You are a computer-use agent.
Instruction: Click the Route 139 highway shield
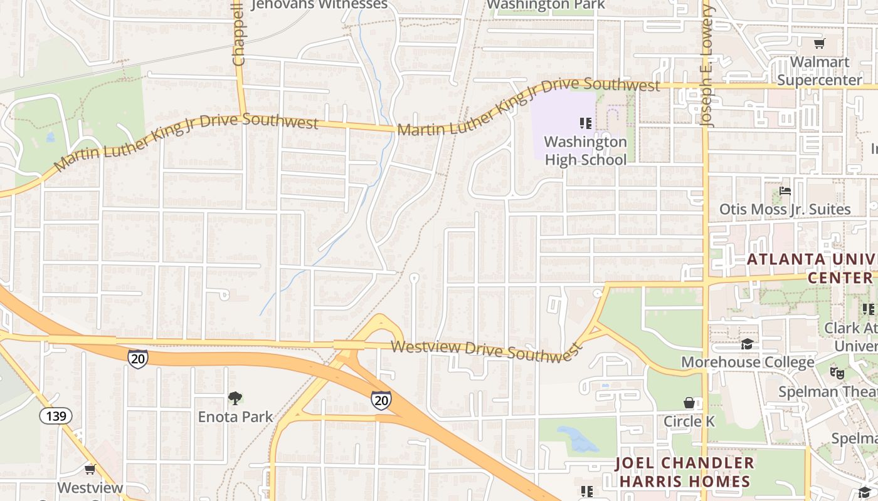point(56,415)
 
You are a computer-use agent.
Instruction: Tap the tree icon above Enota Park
point(235,398)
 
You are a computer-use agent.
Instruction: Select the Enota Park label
point(235,416)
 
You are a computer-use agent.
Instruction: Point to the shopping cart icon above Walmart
point(819,43)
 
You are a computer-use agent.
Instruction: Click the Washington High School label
point(585,150)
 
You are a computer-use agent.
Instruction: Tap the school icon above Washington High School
point(586,123)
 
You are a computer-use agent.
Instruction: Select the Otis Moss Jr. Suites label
point(785,209)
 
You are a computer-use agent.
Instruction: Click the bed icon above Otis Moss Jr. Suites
point(785,191)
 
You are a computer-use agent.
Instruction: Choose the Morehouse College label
point(748,362)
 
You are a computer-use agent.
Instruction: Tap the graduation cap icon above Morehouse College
point(747,344)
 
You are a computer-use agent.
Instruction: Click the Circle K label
point(689,421)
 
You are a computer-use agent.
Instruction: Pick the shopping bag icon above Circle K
point(689,403)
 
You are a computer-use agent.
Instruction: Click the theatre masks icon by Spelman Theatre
point(836,373)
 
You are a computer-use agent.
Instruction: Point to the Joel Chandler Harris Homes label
point(684,472)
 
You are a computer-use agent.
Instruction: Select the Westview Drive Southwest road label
point(484,350)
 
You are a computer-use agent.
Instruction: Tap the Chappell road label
point(238,34)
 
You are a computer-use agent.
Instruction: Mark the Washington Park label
point(546,5)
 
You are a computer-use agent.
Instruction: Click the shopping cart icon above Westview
point(90,469)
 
